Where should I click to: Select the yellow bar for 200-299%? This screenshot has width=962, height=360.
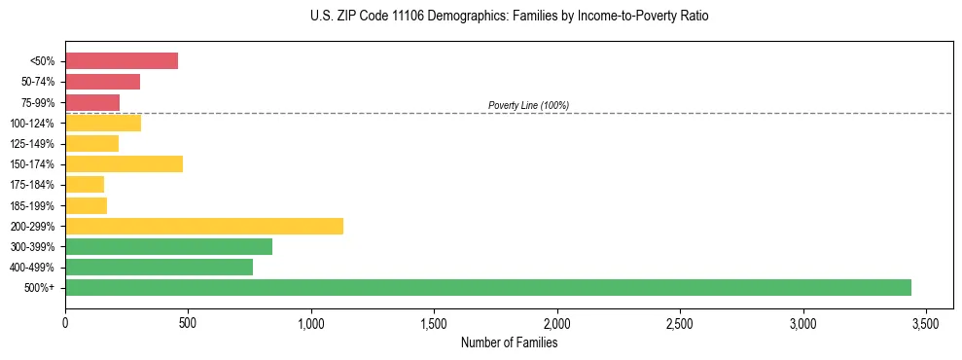click(x=204, y=226)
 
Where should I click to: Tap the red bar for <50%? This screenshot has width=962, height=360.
click(x=122, y=61)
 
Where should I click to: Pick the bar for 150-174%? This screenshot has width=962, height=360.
click(x=124, y=163)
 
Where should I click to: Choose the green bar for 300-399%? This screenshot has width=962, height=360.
click(x=168, y=246)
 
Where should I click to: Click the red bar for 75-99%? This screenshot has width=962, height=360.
click(x=92, y=102)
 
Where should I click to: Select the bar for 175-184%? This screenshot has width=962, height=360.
click(x=85, y=184)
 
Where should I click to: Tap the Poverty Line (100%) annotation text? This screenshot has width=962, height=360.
click(x=528, y=105)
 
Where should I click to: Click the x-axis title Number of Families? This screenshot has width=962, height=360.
click(x=509, y=342)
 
